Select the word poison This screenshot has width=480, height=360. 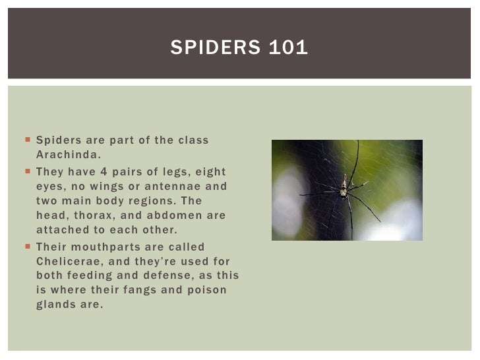(x=209, y=291)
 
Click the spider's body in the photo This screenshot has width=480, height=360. (x=344, y=191)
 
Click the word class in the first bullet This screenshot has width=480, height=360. (x=194, y=140)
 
